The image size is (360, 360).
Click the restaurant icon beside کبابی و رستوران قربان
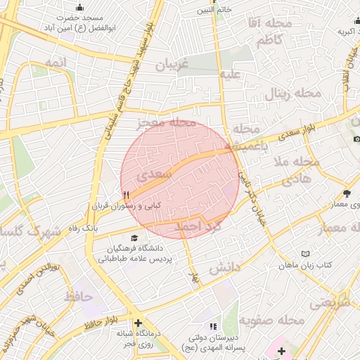pos(126,194)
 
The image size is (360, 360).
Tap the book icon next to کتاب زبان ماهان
pos(304,253)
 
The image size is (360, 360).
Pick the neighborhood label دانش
pos(224,267)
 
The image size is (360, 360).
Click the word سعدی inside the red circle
pos(153,172)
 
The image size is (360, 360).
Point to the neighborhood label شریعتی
pos(330,302)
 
